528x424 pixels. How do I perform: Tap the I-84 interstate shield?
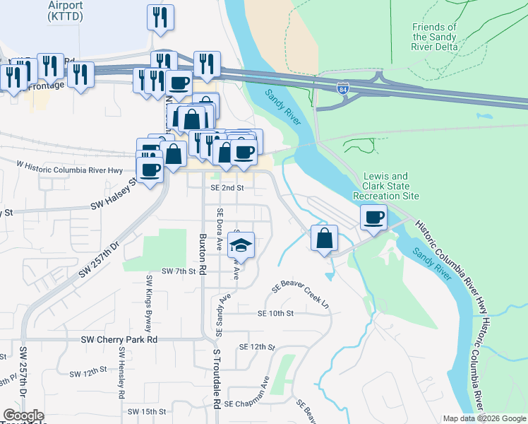coord(342,89)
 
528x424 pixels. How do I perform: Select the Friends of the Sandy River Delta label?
coord(435,37)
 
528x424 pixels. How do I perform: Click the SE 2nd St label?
coord(227,188)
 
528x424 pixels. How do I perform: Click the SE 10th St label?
coord(275,312)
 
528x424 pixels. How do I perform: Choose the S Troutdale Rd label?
coord(217,379)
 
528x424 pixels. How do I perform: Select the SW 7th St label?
coord(178,271)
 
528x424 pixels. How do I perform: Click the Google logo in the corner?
coord(23,416)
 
